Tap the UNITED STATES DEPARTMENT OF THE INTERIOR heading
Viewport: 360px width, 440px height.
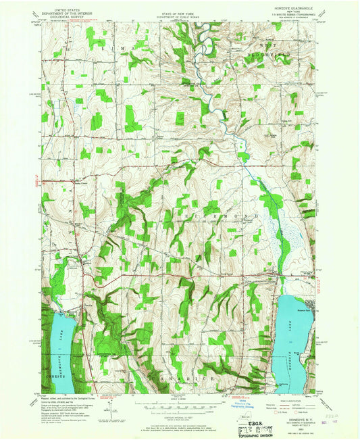coord(67,10)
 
